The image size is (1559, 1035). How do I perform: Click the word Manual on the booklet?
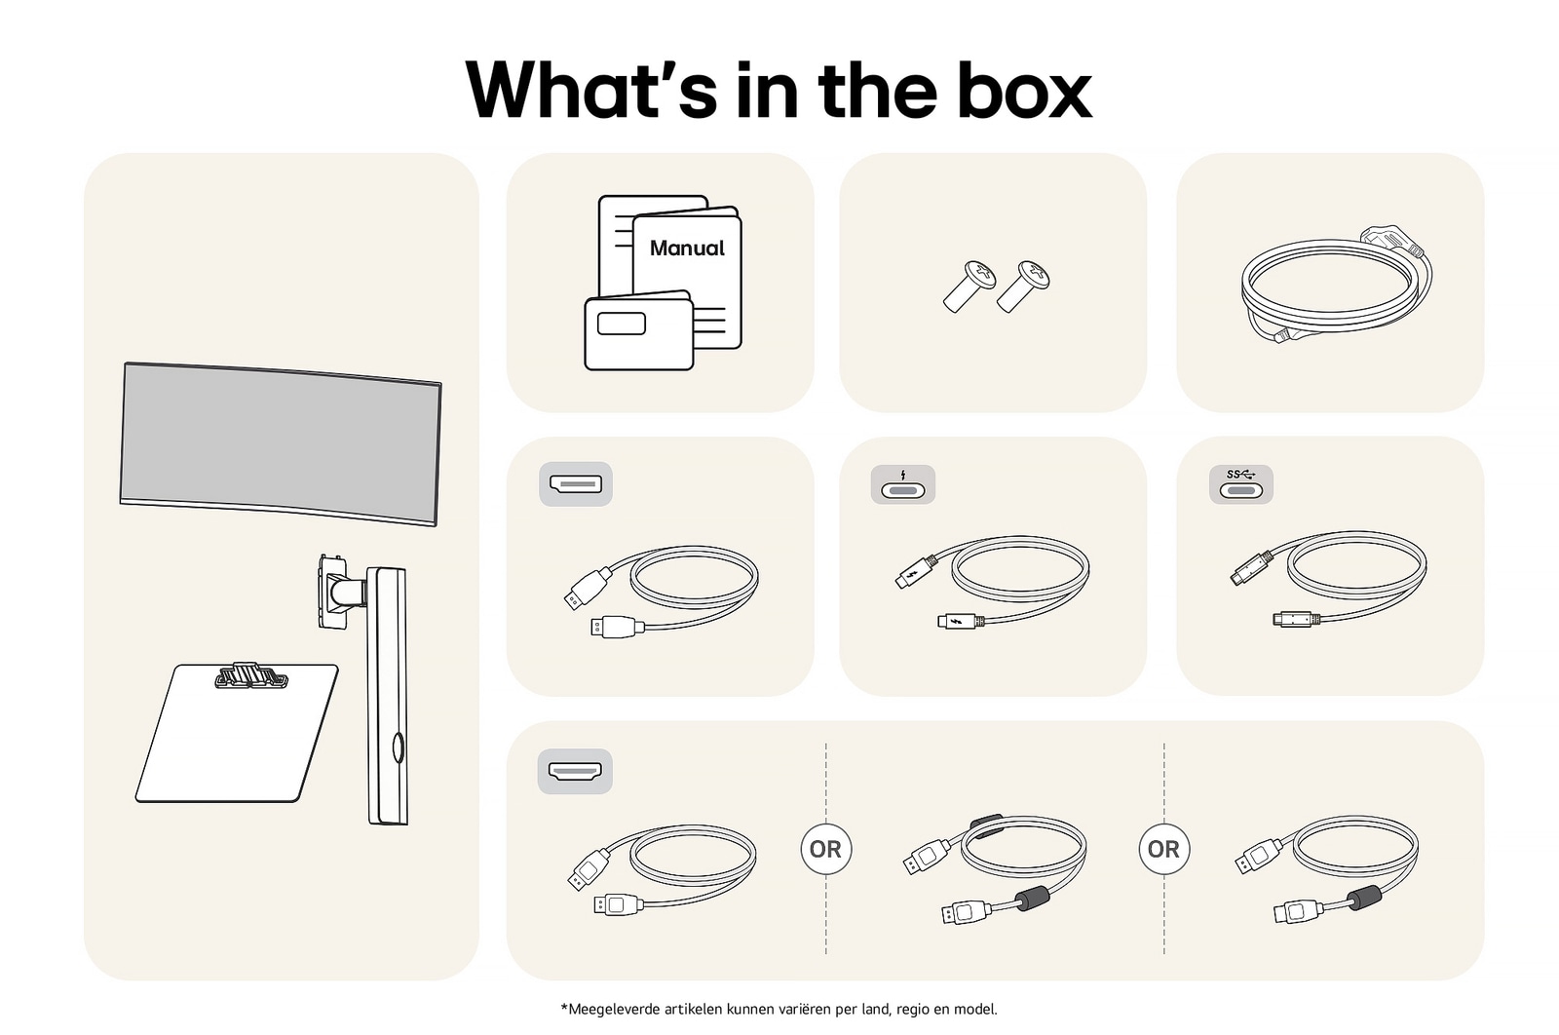tap(687, 248)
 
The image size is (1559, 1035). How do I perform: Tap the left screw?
tap(969, 286)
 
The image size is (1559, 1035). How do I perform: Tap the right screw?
tap(1023, 286)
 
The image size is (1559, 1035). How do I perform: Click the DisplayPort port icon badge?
tap(576, 483)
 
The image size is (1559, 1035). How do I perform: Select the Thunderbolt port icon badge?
tap(902, 484)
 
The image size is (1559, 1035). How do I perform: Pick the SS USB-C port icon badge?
tap(1241, 484)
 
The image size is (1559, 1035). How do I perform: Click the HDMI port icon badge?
tap(575, 771)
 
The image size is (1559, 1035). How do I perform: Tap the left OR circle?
tap(826, 849)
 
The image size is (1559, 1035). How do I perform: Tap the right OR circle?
tap(1163, 849)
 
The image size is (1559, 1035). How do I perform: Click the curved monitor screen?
tap(281, 443)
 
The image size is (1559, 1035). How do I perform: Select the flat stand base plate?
tap(237, 734)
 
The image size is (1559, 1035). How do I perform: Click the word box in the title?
tap(1024, 92)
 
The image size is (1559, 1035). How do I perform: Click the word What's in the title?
tap(590, 92)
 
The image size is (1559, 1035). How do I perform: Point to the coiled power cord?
tap(1336, 286)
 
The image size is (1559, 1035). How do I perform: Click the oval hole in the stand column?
tap(399, 747)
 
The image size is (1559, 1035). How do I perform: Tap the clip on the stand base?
tap(251, 675)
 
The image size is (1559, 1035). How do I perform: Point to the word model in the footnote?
tap(975, 1010)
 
